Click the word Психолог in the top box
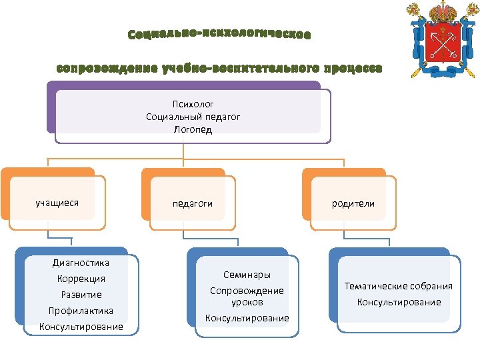pyautogui.click(x=193, y=104)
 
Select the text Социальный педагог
pyautogui.click(x=193, y=117)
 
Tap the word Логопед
pyautogui.click(x=193, y=129)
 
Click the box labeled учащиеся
pyautogui.click(x=57, y=203)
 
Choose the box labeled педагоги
pyautogui.click(x=193, y=203)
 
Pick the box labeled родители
pyautogui.click(x=353, y=203)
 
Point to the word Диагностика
pyautogui.click(x=81, y=263)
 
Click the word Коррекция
pyautogui.click(x=81, y=279)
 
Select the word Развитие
pyautogui.click(x=81, y=295)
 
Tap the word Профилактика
pyautogui.click(x=81, y=311)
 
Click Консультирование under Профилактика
pyautogui.click(x=81, y=327)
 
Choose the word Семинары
pyautogui.click(x=247, y=275)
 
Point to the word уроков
pyautogui.click(x=247, y=302)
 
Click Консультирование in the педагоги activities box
pyautogui.click(x=247, y=318)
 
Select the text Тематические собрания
pyautogui.click(x=398, y=286)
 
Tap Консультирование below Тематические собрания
pyautogui.click(x=399, y=302)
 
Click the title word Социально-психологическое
pyautogui.click(x=219, y=34)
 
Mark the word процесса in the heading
pyautogui.click(x=353, y=68)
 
